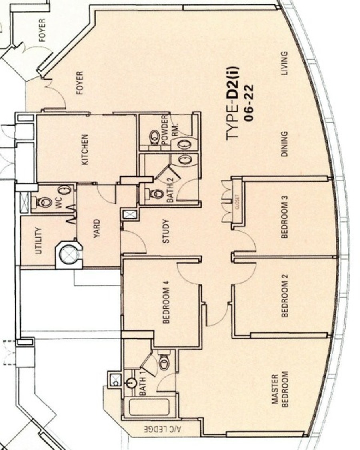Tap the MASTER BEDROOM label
tap(280, 390)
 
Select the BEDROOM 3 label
tap(284, 217)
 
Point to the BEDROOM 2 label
tap(284, 296)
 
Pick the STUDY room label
tap(166, 231)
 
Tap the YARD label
tap(97, 228)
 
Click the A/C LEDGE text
tap(163, 430)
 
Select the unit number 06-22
tap(249, 102)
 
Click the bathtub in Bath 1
tap(149, 407)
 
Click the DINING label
tap(284, 144)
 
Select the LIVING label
tap(284, 63)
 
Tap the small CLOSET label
tap(237, 202)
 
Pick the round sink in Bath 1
tap(131, 382)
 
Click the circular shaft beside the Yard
tap(69, 254)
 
